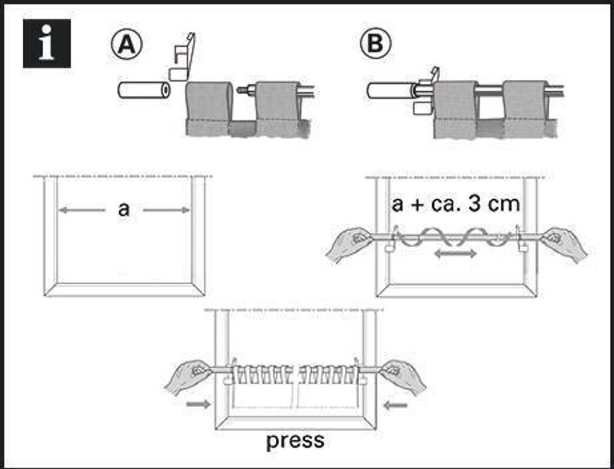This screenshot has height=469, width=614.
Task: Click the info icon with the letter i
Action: click(x=47, y=43)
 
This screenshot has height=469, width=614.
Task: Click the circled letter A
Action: click(x=125, y=44)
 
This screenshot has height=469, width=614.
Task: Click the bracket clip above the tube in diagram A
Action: click(x=182, y=57)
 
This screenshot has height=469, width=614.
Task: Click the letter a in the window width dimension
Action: click(x=124, y=209)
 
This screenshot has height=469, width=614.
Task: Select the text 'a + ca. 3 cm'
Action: click(x=456, y=205)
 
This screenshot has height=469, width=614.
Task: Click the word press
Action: click(x=295, y=441)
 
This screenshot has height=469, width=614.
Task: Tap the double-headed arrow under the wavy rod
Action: click(x=456, y=254)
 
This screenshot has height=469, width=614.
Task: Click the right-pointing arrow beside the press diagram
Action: click(x=198, y=405)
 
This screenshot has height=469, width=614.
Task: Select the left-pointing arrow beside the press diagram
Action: click(x=395, y=405)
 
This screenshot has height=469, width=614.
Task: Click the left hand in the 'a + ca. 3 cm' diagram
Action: click(x=348, y=243)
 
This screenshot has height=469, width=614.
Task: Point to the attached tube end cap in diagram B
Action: click(x=389, y=91)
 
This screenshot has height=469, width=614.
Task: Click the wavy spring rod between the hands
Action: click(x=456, y=238)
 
